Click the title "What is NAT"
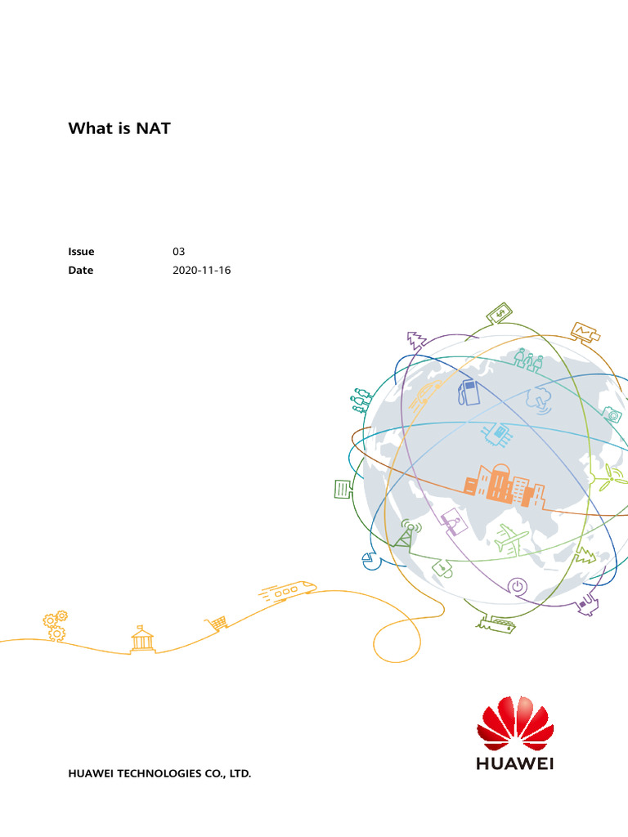(x=119, y=128)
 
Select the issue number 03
(x=178, y=252)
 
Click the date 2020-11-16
(x=201, y=271)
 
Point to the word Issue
(x=81, y=252)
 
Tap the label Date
(x=81, y=271)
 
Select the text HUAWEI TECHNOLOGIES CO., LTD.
(x=159, y=772)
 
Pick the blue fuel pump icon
(x=469, y=392)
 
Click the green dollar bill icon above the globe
(x=500, y=313)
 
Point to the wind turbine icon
(x=609, y=478)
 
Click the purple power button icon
(x=517, y=585)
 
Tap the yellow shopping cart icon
(x=218, y=624)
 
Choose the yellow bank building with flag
(x=142, y=638)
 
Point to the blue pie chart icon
(x=367, y=560)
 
